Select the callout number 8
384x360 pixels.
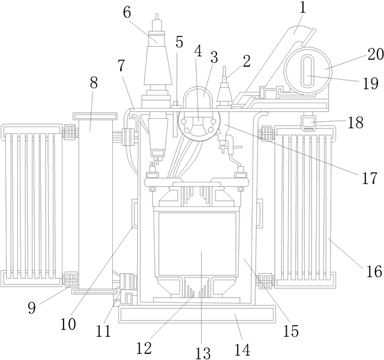coord(93,83)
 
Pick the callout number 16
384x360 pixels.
coord(373,272)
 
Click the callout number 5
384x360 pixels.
coord(179,42)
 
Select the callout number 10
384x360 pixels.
coord(68,325)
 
